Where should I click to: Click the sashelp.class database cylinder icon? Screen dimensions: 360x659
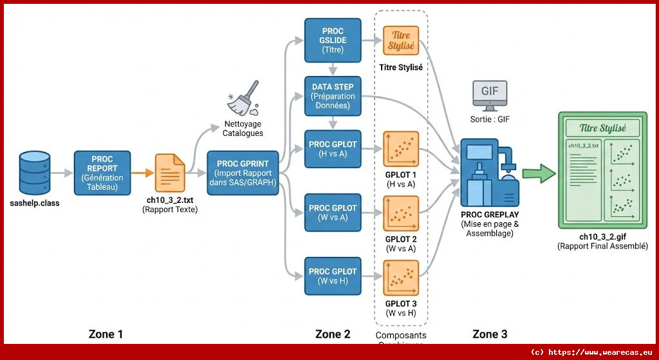[35, 172]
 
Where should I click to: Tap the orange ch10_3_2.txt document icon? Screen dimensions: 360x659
[169, 172]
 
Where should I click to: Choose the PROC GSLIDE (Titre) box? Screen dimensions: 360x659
[333, 40]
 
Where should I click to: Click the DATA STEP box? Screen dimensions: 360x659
[333, 95]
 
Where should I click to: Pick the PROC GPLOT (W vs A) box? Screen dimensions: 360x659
[333, 213]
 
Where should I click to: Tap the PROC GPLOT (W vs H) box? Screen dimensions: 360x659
[333, 276]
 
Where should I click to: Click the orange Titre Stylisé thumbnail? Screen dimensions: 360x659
[401, 41]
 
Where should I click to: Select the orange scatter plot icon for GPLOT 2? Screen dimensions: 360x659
[401, 213]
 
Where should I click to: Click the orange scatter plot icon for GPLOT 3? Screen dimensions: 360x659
[401, 277]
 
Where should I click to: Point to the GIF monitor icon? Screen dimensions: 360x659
[490, 95]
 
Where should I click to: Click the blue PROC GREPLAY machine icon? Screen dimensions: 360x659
[490, 172]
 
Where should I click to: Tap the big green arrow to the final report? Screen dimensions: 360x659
[538, 173]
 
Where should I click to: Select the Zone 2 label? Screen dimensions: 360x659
[333, 334]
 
